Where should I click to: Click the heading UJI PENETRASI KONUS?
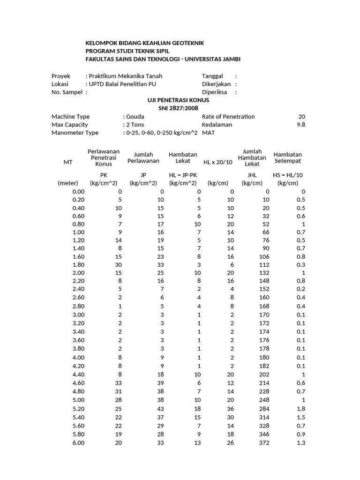tap(178, 100)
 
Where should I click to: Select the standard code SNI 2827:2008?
tap(178, 108)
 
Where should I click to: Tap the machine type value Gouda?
tap(135, 117)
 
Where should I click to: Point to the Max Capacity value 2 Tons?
tap(135, 125)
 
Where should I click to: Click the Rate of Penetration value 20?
tap(301, 117)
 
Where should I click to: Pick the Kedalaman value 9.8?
tap(301, 125)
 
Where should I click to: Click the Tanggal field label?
tap(212, 76)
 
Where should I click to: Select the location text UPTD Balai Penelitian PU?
tap(123, 84)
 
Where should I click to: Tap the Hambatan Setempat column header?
tap(287, 157)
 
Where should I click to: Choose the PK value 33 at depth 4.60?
tap(117, 384)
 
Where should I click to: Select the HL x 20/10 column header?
tap(217, 162)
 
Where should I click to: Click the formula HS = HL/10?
tap(288, 175)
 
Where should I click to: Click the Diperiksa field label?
tap(214, 92)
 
